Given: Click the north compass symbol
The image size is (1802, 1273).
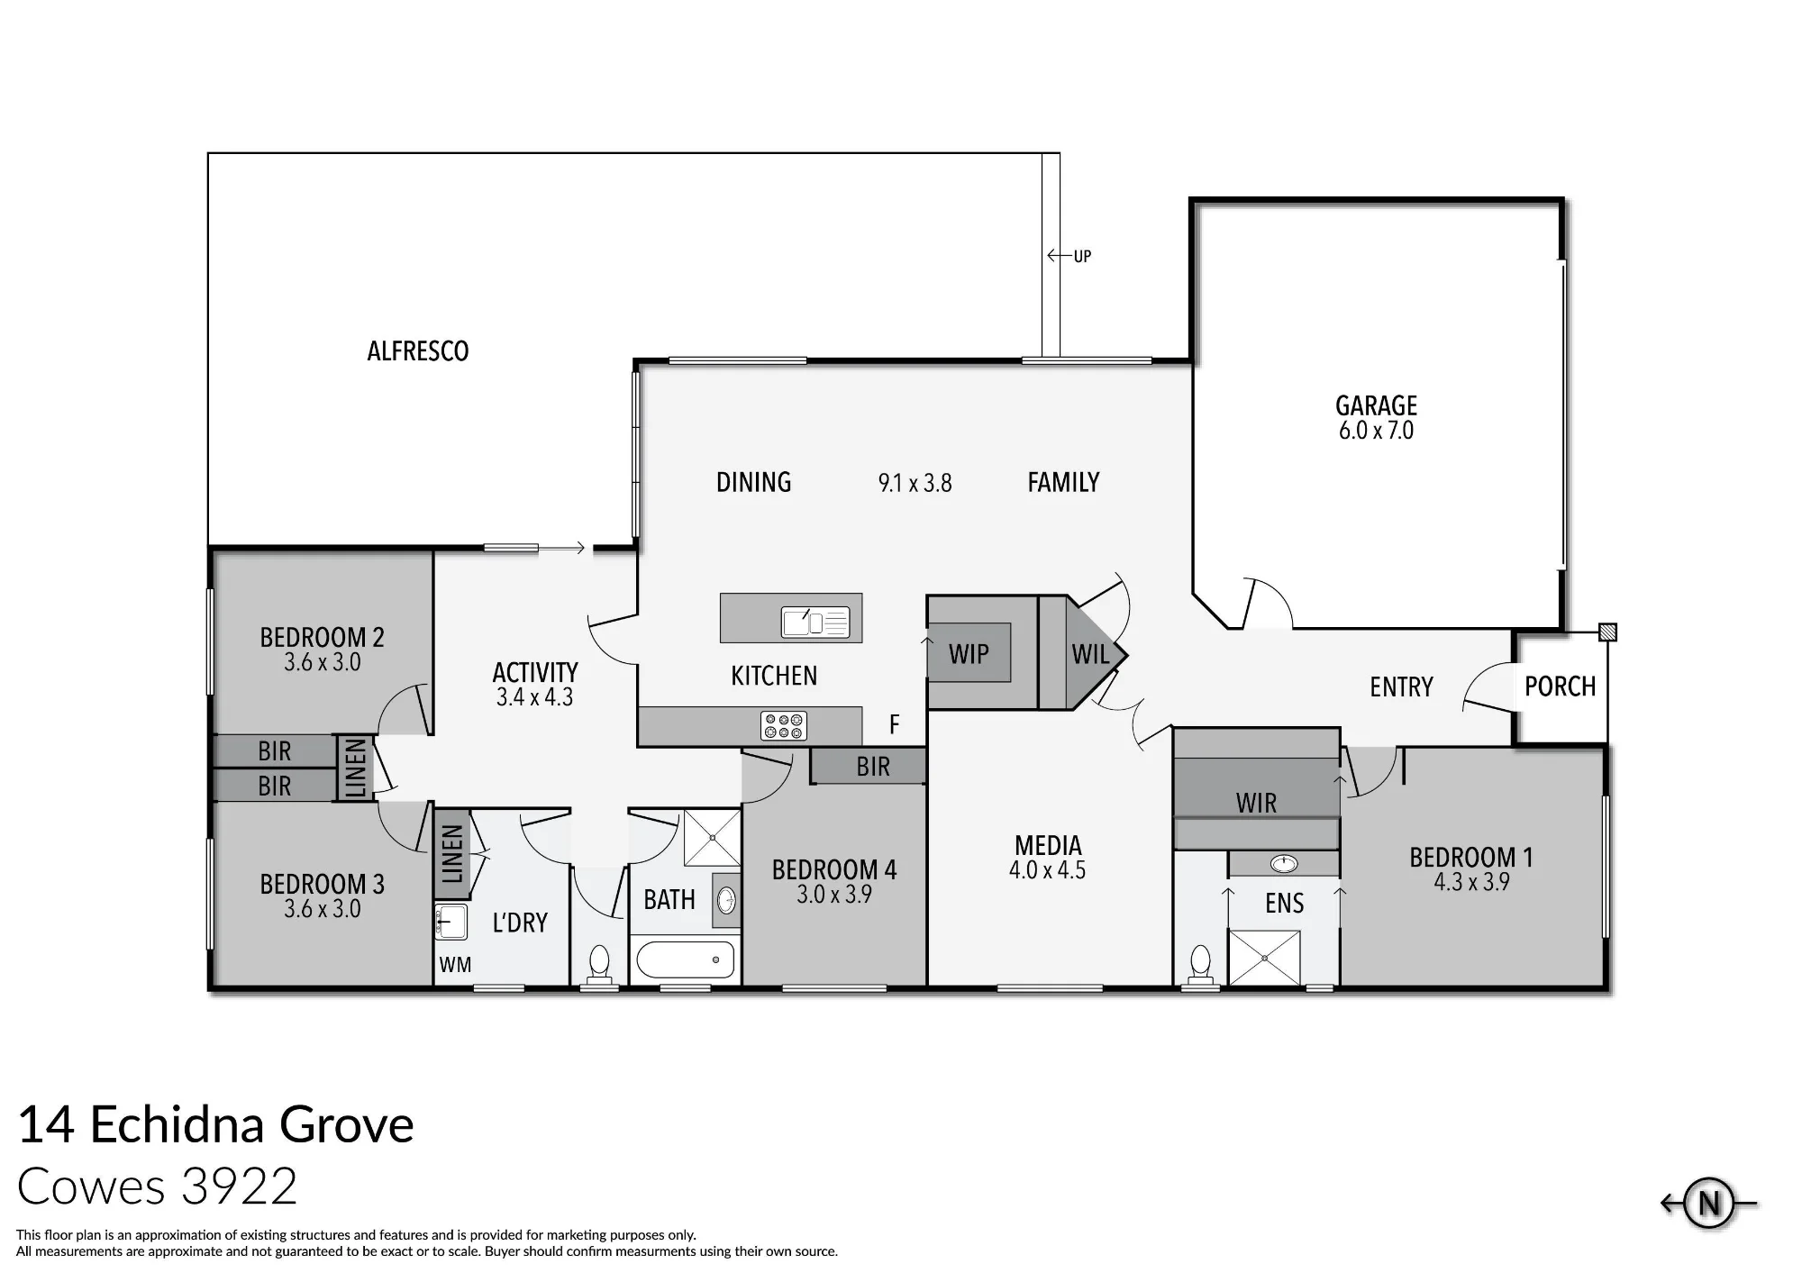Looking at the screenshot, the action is point(1709,1203).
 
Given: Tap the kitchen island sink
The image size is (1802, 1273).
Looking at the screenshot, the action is point(815,622).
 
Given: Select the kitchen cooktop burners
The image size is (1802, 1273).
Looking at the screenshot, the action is point(784,726).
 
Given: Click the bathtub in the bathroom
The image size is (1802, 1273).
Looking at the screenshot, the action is point(686,960).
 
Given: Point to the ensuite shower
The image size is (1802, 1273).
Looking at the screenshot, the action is point(1265,958).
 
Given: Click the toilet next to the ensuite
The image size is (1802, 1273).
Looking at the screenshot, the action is point(1200,965).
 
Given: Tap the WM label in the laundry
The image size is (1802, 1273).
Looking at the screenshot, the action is point(455,965).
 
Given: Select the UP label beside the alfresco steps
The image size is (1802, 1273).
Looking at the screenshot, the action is point(1082,257).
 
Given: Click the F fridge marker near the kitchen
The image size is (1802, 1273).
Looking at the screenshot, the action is point(895,724).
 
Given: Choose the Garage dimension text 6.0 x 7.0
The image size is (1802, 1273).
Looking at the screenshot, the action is point(1376,431).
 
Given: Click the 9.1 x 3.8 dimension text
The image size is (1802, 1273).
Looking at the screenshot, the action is point(915,484).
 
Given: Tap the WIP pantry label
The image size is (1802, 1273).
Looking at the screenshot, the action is point(969,654).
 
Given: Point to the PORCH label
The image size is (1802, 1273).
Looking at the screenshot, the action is point(1560,687).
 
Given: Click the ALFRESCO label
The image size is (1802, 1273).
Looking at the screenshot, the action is point(418,351).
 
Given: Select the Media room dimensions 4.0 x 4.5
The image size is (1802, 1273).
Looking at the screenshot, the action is point(1047,870).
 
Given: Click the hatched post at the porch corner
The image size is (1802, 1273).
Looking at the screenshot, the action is point(1607,632).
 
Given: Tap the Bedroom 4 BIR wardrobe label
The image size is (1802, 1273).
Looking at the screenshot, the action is point(873,767).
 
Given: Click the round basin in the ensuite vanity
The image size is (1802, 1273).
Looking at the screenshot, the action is point(1284,864).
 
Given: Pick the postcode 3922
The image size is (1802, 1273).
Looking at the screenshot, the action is point(239,1187).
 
